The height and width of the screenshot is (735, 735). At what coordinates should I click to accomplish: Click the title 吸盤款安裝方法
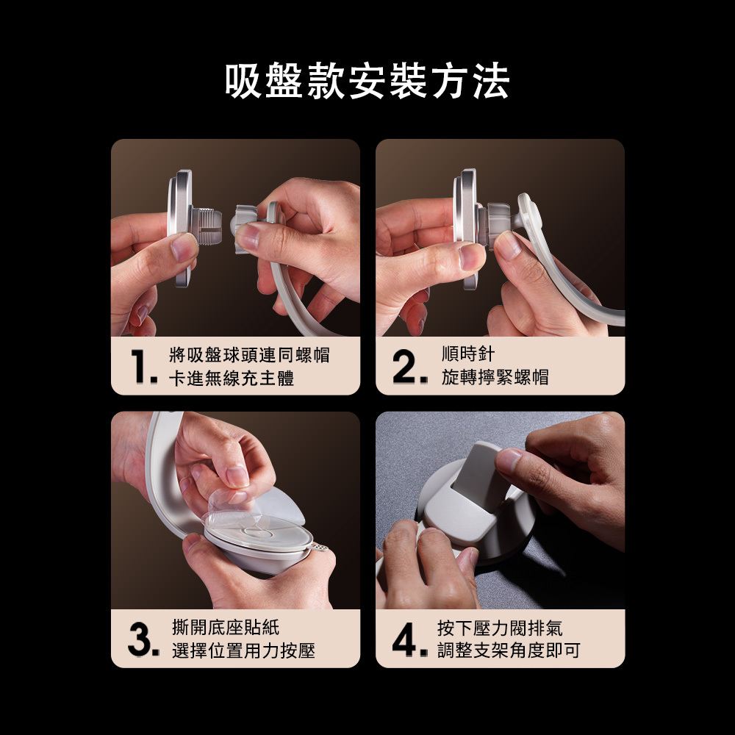[367, 81]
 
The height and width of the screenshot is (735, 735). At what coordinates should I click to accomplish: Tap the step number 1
[142, 367]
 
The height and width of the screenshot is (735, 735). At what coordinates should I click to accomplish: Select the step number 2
[409, 367]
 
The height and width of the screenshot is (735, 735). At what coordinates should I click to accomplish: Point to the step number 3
[143, 639]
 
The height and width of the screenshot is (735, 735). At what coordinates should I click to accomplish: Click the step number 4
[409, 639]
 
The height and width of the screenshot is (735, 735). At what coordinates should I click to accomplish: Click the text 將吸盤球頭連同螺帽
[249, 355]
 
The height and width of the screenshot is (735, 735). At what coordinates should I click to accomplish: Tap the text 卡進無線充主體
[232, 378]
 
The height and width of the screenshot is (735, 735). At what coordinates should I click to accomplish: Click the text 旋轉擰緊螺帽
[495, 376]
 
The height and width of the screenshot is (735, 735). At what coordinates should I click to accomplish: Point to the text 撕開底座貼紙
[226, 627]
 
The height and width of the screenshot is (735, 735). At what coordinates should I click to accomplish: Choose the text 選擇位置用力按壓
[243, 650]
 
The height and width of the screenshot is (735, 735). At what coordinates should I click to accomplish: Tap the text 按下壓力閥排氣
[500, 627]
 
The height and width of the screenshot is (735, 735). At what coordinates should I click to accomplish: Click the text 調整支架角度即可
[509, 650]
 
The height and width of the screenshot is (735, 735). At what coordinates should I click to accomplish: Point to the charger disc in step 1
[180, 229]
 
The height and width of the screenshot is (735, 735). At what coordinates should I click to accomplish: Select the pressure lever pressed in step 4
[482, 476]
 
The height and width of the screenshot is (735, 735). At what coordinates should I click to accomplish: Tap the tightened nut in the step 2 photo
[498, 224]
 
